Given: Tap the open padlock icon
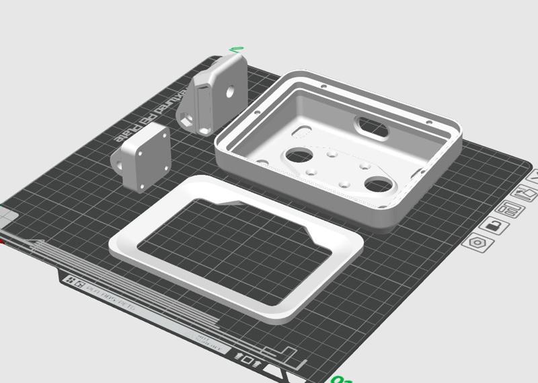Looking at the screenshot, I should tap(495, 226).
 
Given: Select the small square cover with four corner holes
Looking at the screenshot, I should tap(146, 157).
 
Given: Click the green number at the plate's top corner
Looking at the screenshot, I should tap(236, 49).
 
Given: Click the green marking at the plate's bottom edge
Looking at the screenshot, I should tap(342, 380).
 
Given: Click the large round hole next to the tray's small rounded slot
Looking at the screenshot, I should tap(297, 155).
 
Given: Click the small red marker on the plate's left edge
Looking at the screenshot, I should tap(2, 240).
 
